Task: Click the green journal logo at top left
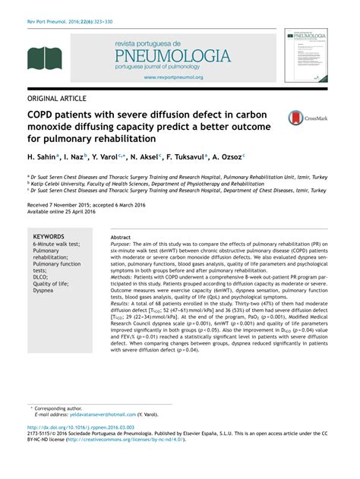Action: click(x=43, y=58)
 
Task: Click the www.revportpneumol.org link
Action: click(x=173, y=77)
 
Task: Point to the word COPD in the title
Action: click(x=40, y=113)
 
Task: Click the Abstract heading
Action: click(x=121, y=237)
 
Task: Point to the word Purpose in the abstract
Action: click(x=121, y=244)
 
